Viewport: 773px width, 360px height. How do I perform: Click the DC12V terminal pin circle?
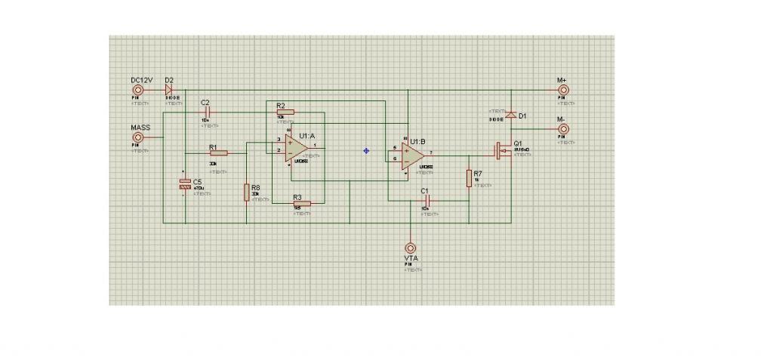[138, 90]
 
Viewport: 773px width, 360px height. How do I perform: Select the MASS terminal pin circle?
[138, 139]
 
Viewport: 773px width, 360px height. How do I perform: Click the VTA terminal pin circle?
[411, 247]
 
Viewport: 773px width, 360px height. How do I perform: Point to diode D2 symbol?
[168, 90]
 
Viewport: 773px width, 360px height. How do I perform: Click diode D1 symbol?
[511, 115]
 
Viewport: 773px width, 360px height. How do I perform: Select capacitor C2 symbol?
[205, 111]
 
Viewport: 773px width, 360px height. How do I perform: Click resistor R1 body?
[217, 153]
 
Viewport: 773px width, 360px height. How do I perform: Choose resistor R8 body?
[246, 192]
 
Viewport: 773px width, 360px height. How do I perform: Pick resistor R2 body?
[285, 111]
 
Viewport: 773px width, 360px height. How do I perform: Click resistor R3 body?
[301, 203]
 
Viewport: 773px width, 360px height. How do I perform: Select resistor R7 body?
[469, 178]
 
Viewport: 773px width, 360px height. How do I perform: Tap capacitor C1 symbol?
[426, 201]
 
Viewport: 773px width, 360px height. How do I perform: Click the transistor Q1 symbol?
[500, 150]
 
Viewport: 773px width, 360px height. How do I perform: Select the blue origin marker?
[366, 151]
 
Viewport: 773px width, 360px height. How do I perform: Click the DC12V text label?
[142, 79]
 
